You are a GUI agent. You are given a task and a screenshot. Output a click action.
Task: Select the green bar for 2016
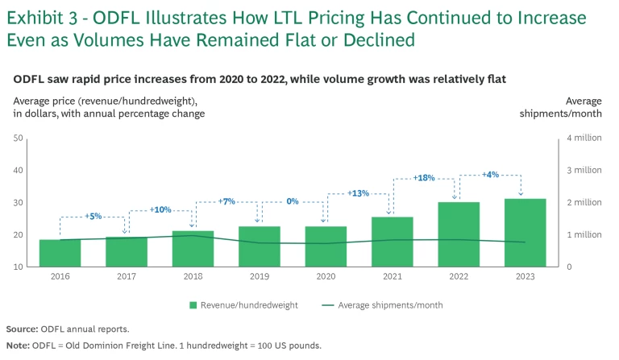(60, 253)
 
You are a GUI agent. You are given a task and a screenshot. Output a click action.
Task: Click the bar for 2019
(259, 246)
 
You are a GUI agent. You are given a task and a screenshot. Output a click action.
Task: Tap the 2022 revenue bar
(458, 234)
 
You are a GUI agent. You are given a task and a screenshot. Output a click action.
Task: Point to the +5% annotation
(93, 217)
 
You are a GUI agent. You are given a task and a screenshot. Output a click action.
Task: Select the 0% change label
(293, 201)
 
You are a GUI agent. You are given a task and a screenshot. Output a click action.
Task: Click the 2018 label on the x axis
(193, 276)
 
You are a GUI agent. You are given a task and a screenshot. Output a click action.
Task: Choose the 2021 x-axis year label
(392, 276)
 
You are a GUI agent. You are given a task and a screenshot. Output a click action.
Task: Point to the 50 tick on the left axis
(18, 139)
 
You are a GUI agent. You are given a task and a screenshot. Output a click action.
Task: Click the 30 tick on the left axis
(18, 203)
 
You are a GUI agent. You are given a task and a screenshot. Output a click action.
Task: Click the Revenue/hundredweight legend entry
(247, 305)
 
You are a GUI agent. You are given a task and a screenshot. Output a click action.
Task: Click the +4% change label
(491, 175)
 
